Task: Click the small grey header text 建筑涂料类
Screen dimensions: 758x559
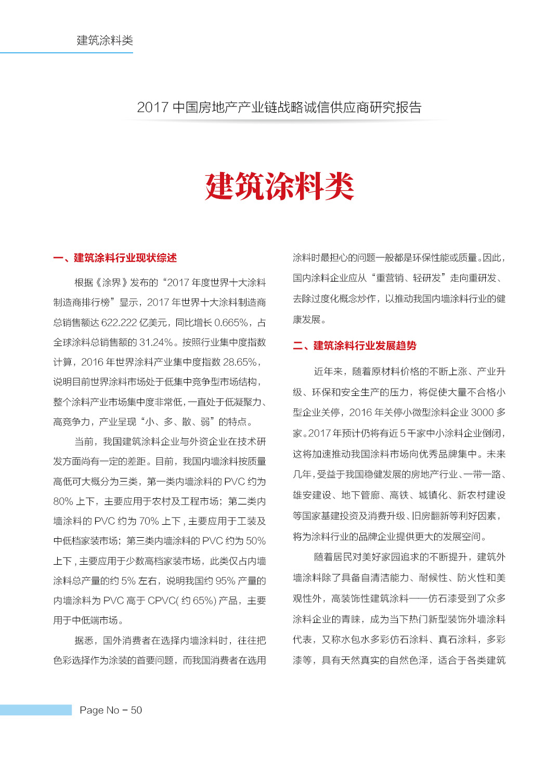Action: (105, 41)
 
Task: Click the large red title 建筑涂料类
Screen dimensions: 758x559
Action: (279, 187)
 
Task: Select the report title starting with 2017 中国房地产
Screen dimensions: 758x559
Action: (279, 108)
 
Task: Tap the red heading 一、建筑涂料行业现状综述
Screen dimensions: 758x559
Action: (115, 258)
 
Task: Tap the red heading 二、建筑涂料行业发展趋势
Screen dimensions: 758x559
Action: (355, 346)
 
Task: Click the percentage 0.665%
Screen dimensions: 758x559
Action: (231, 323)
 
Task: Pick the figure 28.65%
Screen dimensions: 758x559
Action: (240, 362)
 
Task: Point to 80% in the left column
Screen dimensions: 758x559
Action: (63, 501)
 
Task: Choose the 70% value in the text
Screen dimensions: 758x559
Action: (149, 521)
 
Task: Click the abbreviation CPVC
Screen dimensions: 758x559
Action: (162, 601)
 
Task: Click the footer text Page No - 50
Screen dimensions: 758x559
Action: (111, 710)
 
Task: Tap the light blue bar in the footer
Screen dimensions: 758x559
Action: (35, 710)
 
